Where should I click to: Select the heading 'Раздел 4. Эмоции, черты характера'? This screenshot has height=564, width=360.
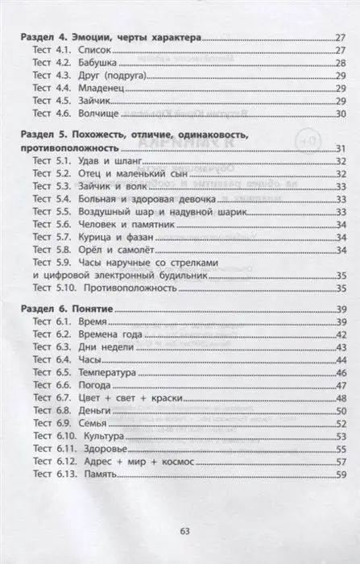pyautogui.click(x=110, y=36)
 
